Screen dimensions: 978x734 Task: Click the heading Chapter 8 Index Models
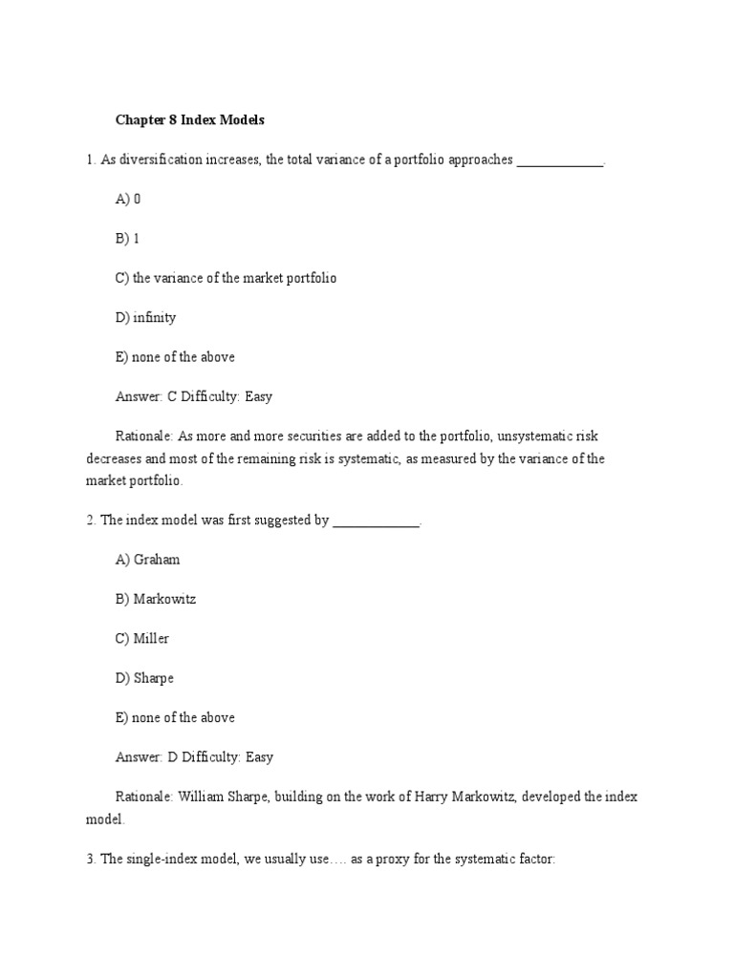(189, 120)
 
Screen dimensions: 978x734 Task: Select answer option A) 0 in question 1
(128, 199)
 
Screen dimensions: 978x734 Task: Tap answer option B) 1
(128, 239)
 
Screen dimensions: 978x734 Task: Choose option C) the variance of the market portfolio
(226, 278)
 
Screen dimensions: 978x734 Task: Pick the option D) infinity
(145, 317)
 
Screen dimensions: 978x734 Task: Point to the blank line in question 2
(376, 521)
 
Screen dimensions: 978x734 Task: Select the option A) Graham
(147, 560)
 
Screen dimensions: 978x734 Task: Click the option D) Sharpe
(144, 678)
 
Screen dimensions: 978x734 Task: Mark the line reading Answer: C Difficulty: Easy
(194, 396)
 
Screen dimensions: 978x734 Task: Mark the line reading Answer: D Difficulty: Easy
(194, 756)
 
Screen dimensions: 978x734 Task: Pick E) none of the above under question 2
(175, 717)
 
